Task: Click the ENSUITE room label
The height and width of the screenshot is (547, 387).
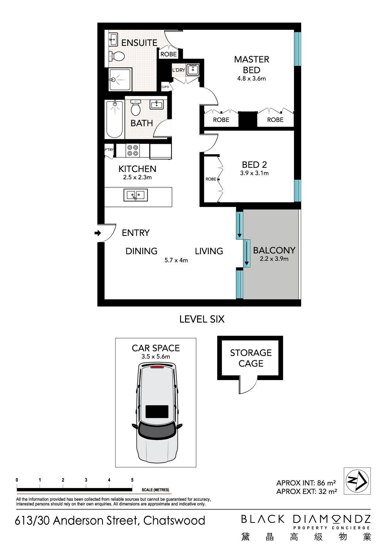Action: (139, 43)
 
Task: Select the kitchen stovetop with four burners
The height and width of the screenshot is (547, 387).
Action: (133, 150)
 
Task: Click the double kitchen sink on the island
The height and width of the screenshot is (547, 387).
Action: (136, 195)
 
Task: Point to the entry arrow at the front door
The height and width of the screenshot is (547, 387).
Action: (98, 233)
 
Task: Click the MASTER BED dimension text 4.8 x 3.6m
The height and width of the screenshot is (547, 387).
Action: (252, 79)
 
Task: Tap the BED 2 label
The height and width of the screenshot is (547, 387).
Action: (254, 164)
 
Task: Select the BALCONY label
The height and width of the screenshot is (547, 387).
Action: (274, 250)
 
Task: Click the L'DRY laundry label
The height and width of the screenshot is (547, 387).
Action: (179, 70)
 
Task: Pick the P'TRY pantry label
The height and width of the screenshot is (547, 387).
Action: (109, 150)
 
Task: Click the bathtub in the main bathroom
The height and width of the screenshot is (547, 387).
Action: (115, 119)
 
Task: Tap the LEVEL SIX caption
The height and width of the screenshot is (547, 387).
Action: (202, 319)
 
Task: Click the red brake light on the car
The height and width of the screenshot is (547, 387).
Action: (157, 367)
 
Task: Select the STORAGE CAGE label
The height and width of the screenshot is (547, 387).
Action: (251, 358)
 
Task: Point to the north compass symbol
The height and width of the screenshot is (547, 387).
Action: (357, 481)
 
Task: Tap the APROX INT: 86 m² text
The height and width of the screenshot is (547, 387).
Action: (306, 483)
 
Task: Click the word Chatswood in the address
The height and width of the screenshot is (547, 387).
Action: (174, 520)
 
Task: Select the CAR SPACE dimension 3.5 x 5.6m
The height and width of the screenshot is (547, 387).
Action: (156, 357)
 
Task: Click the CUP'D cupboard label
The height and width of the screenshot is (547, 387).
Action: (165, 87)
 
